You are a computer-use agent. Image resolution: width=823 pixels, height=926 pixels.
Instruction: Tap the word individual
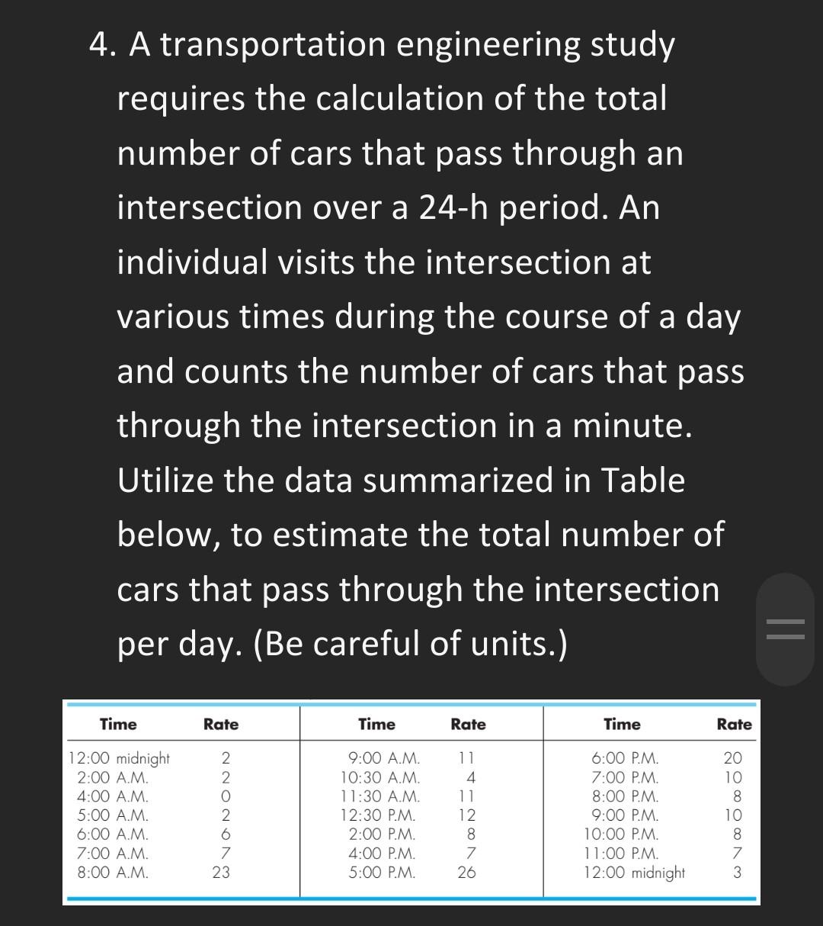[x=192, y=263]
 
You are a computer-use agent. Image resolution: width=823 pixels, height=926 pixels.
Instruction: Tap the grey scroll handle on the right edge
[x=785, y=629]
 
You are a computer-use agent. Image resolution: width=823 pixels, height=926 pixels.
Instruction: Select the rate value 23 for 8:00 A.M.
[x=221, y=873]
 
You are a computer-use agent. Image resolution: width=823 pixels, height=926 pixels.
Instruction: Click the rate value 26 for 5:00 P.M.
[x=466, y=873]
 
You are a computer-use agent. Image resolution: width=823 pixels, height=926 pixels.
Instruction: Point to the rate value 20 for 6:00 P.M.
[x=732, y=759]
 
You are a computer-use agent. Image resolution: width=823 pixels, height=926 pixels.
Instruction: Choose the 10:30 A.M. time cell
[x=379, y=778]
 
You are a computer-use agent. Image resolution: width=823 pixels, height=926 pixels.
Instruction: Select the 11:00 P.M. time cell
[x=622, y=854]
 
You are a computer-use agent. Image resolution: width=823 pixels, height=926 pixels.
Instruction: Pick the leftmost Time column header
[x=118, y=725]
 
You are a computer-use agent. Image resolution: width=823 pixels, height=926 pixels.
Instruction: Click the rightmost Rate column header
[x=734, y=725]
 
